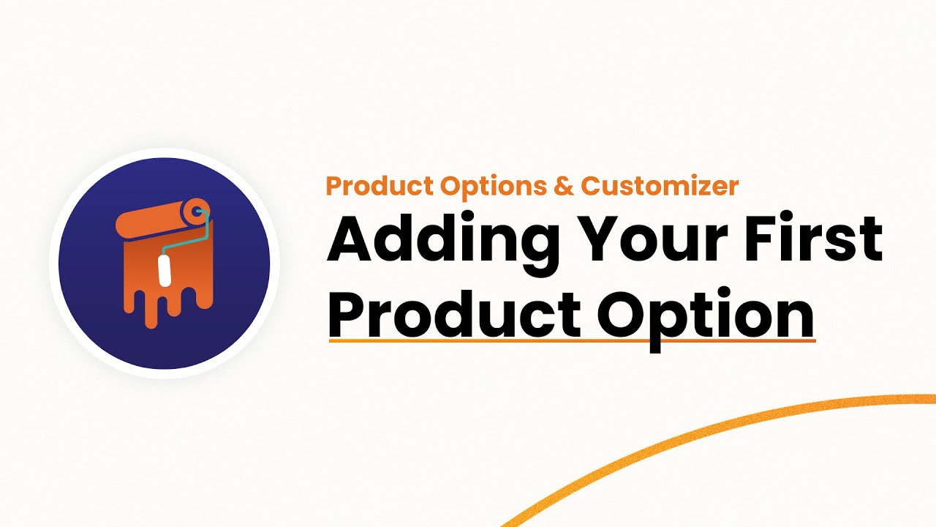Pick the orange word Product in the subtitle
[380, 186]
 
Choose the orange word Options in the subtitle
[494, 186]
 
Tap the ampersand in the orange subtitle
[564, 186]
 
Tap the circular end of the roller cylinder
[197, 212]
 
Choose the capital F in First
[771, 239]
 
